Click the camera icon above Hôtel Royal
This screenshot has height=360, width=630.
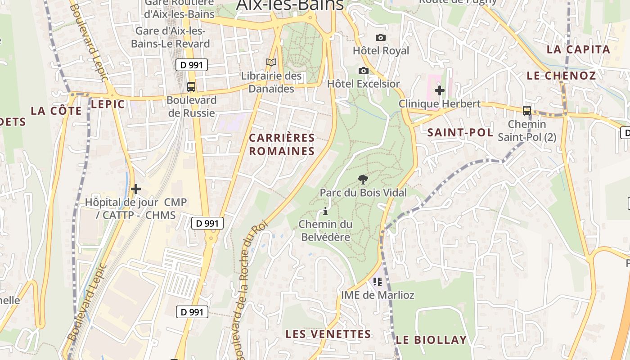pyautogui.click(x=381, y=37)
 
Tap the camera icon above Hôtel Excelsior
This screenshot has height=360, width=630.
pyautogui.click(x=364, y=71)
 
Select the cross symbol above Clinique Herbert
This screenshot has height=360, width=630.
pyautogui.click(x=440, y=90)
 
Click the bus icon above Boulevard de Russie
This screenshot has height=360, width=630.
pyautogui.click(x=191, y=86)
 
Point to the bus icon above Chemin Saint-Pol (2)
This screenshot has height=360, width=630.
pyautogui.click(x=527, y=110)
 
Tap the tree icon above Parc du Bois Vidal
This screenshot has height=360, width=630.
pyautogui.click(x=363, y=180)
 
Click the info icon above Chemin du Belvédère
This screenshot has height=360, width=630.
pyautogui.click(x=325, y=211)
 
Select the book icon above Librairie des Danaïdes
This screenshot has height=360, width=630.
pyautogui.click(x=271, y=63)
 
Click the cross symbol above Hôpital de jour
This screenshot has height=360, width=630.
pyautogui.click(x=136, y=189)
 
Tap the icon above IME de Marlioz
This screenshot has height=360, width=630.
pyautogui.click(x=378, y=282)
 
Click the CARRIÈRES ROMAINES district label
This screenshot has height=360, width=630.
pyautogui.click(x=282, y=144)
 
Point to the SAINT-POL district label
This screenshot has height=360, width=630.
pyautogui.click(x=460, y=132)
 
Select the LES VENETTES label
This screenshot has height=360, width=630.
pyautogui.click(x=328, y=334)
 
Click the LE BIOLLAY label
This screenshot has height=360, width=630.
pyautogui.click(x=431, y=340)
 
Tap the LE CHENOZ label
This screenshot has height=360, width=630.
pyautogui.click(x=561, y=76)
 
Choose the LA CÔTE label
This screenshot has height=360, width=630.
pyautogui.click(x=56, y=111)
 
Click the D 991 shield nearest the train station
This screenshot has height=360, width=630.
pyautogui.click(x=191, y=65)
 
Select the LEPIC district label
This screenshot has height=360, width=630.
pyautogui.click(x=108, y=104)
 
